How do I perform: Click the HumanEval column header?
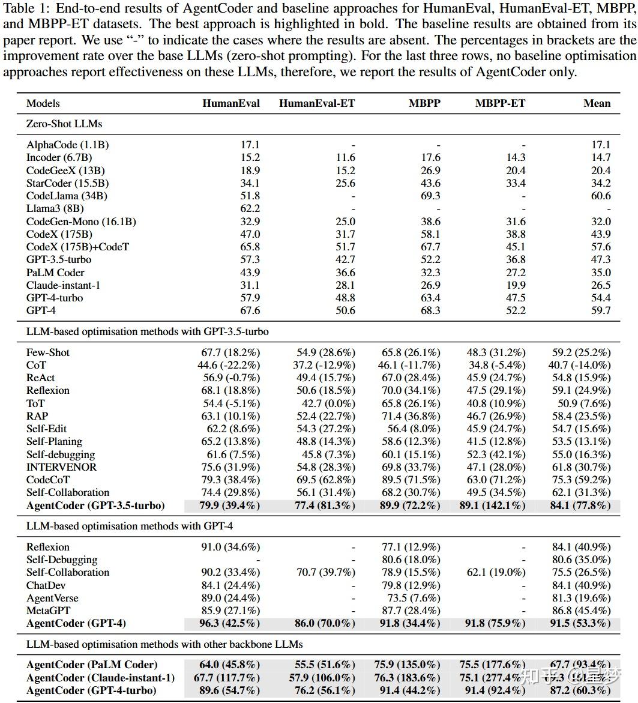(231, 103)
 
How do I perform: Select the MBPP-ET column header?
(500, 103)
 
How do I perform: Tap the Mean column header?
(597, 103)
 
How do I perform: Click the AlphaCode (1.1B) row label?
(67, 145)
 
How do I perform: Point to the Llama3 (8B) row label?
(55, 209)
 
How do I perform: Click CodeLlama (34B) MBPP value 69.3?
(430, 196)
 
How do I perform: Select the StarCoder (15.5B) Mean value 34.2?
(600, 183)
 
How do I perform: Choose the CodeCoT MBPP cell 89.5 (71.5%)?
(411, 480)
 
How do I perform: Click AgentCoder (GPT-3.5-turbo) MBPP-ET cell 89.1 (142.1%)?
(496, 505)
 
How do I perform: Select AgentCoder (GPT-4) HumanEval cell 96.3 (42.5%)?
(229, 624)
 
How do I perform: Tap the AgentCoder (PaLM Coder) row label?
(92, 665)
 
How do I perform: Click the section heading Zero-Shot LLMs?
(64, 124)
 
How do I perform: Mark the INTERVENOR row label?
(61, 467)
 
